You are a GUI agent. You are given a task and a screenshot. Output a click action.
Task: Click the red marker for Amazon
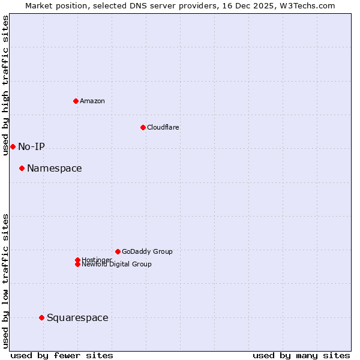point(76,101)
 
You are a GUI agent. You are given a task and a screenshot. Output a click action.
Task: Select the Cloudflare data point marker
point(143,127)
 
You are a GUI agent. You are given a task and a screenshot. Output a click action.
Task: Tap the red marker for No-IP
point(13,146)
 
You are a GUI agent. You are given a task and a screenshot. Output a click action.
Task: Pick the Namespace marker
point(22,168)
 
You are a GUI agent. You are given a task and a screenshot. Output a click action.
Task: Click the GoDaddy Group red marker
point(118,251)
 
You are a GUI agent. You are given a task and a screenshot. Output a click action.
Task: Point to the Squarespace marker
point(41,317)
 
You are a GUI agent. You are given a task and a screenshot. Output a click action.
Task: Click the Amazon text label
point(92,101)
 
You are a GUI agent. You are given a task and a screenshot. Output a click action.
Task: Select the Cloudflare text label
point(163,127)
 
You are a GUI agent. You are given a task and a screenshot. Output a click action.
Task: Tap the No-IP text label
point(31,146)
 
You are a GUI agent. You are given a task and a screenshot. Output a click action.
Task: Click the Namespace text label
point(55,168)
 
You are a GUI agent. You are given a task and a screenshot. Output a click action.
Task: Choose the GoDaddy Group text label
point(147,251)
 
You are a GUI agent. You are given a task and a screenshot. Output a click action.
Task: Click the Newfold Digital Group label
point(117,264)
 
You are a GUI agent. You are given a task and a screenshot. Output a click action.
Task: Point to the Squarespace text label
point(77,317)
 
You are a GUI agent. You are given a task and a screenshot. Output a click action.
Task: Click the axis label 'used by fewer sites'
point(62,355)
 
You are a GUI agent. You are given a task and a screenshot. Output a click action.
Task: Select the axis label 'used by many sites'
point(301,355)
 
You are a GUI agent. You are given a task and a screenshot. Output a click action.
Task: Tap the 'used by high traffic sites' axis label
point(5,85)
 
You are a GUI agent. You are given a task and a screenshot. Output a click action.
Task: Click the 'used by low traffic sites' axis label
point(5,281)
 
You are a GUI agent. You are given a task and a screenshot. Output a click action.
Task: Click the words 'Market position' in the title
point(55,5)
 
